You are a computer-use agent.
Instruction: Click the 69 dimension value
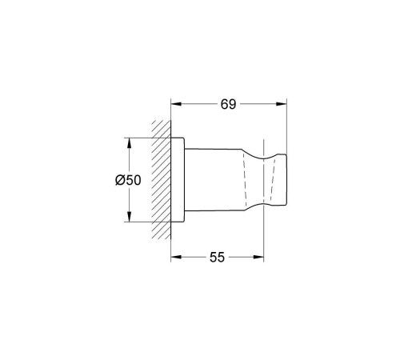(228, 104)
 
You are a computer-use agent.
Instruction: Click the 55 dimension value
(217, 258)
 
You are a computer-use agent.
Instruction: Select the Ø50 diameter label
(128, 180)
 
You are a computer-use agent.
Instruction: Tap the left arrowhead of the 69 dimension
(176, 104)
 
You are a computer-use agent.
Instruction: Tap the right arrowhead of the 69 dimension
(282, 104)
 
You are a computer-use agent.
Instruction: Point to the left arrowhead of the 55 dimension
(176, 257)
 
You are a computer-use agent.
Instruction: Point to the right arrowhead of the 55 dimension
(258, 257)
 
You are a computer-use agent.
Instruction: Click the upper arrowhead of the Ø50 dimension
(129, 143)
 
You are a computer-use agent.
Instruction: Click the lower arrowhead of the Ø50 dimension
(129, 216)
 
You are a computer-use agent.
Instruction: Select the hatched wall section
(161, 179)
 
